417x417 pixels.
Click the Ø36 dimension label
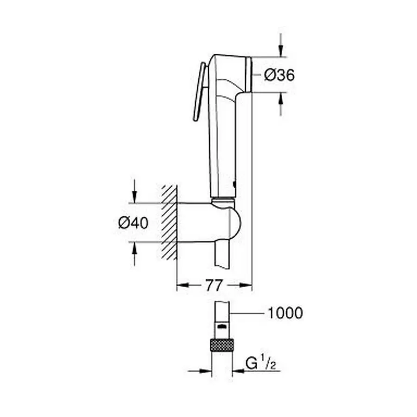point(279,75)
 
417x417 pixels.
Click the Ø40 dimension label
point(133,223)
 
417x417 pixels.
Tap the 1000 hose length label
point(285,313)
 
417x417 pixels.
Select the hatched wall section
point(169,222)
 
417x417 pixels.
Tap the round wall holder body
point(208,221)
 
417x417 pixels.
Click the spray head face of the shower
point(250,74)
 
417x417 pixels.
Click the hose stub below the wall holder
point(222,253)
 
